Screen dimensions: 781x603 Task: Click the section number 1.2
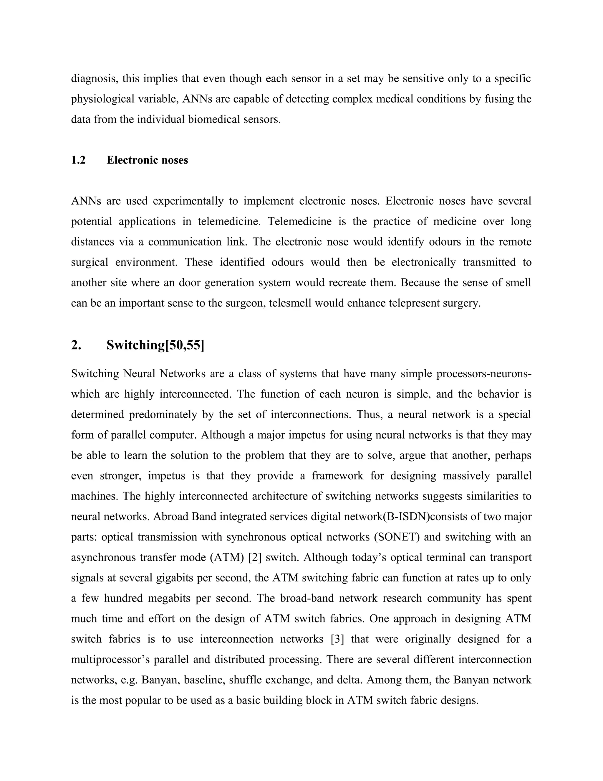(x=78, y=160)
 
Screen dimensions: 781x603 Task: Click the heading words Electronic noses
(x=147, y=160)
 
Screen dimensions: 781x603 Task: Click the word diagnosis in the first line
(x=94, y=79)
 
